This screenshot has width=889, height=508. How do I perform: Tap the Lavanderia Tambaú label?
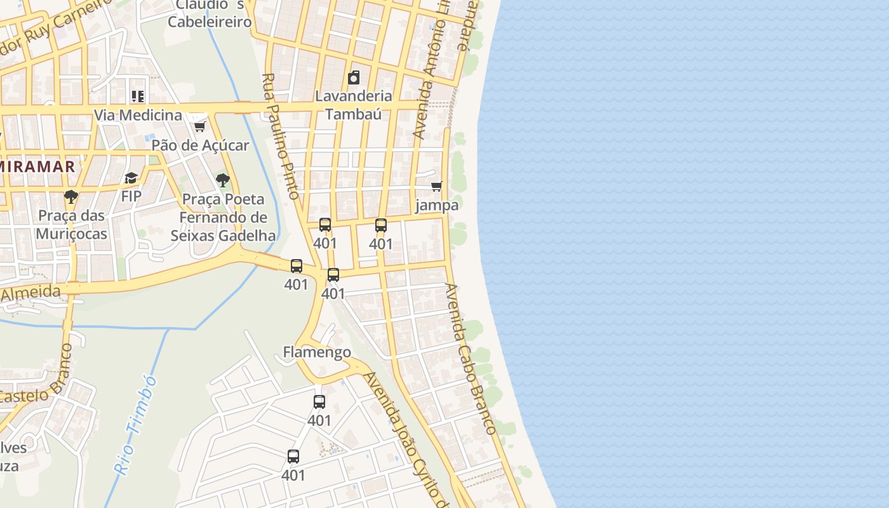click(x=354, y=105)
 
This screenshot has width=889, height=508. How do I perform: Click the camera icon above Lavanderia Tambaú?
click(x=354, y=78)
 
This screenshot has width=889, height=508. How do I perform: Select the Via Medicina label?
click(x=138, y=115)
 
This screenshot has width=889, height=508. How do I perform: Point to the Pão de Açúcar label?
click(x=200, y=145)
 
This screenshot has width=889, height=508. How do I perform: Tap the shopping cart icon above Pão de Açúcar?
click(x=200, y=126)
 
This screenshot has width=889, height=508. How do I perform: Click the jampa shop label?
click(x=437, y=205)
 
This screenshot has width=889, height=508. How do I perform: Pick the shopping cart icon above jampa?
click(x=436, y=186)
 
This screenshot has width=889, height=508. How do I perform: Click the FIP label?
click(x=131, y=196)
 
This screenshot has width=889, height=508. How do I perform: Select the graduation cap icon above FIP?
click(x=131, y=178)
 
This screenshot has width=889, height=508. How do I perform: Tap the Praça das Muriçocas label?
click(x=71, y=224)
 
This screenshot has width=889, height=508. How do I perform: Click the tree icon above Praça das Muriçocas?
click(x=71, y=196)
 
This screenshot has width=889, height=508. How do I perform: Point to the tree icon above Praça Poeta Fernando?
click(x=222, y=180)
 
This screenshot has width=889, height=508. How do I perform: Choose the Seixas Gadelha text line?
click(x=223, y=236)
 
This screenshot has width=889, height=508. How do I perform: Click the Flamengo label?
click(x=317, y=352)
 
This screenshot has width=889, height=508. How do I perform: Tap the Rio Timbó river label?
click(x=135, y=424)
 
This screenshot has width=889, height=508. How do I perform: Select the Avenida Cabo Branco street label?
click(x=470, y=359)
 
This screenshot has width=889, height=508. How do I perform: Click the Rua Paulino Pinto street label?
click(x=280, y=136)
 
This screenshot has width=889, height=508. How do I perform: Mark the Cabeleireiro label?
click(x=210, y=22)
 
